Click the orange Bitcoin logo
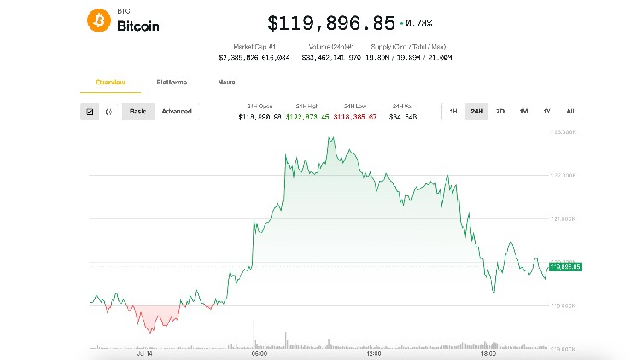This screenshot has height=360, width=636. pyautogui.click(x=99, y=20)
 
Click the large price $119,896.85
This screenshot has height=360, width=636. pyautogui.click(x=331, y=22)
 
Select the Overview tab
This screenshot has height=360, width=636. pyautogui.click(x=110, y=82)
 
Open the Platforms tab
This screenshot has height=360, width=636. pyautogui.click(x=172, y=82)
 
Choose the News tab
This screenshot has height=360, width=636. pyautogui.click(x=226, y=82)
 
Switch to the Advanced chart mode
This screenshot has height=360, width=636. pyautogui.click(x=177, y=112)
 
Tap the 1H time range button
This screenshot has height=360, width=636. pyautogui.click(x=453, y=112)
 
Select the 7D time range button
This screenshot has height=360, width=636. pyautogui.click(x=500, y=112)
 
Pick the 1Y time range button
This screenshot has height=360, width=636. pyautogui.click(x=546, y=112)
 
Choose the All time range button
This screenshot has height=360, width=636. pyautogui.click(x=569, y=112)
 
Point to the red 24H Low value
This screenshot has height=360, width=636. pyautogui.click(x=354, y=117)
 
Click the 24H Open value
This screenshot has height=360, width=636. pyautogui.click(x=259, y=117)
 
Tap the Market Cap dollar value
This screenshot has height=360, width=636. pyautogui.click(x=254, y=57)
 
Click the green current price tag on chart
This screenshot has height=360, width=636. pyautogui.click(x=565, y=267)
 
